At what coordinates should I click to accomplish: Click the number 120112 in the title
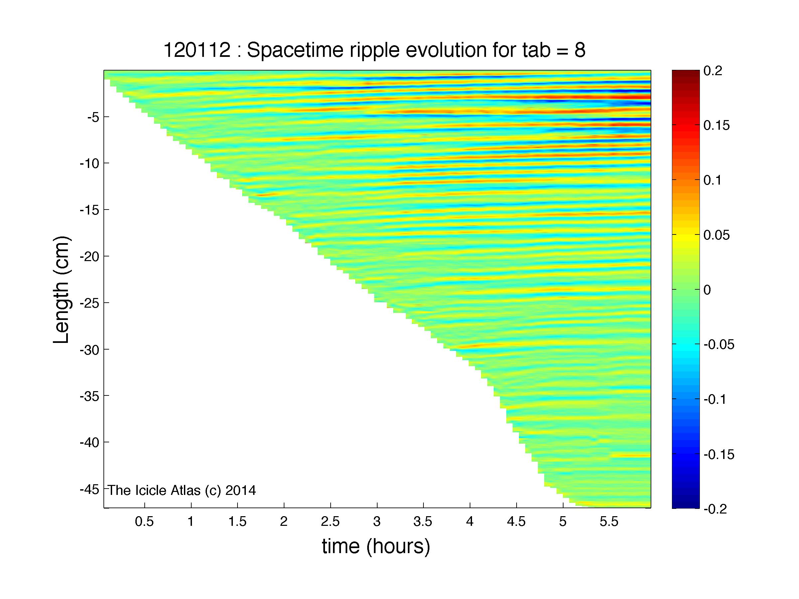197,50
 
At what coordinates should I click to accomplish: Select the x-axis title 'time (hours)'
376,547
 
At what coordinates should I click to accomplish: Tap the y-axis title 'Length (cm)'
61,290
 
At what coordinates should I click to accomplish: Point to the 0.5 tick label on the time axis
144,522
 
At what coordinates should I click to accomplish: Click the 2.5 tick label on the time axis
331,522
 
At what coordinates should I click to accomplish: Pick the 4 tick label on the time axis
470,522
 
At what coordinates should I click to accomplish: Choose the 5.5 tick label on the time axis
609,522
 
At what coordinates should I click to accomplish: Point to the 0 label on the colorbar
707,290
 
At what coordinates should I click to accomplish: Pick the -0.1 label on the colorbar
716,399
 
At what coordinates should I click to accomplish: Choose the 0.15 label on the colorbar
717,126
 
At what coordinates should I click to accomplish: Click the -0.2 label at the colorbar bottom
716,509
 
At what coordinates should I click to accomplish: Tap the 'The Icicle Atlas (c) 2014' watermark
182,490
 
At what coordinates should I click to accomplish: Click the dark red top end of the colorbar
686,72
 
